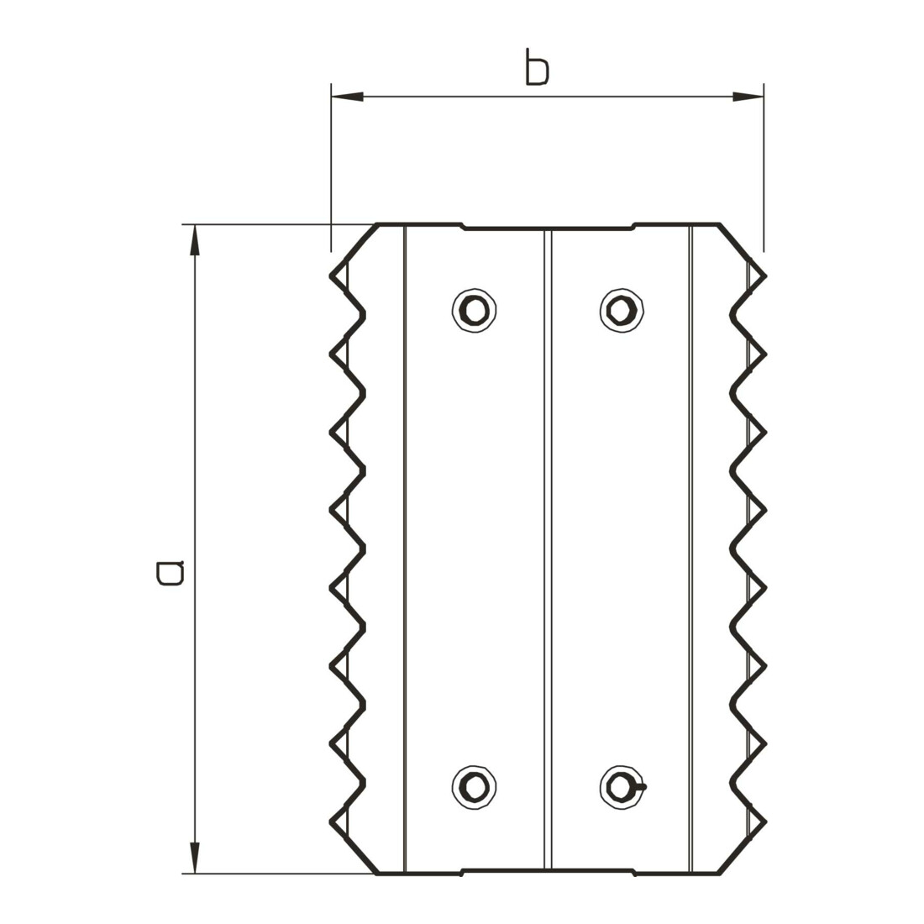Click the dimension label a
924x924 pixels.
click(x=171, y=574)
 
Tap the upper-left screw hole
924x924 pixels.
click(x=474, y=310)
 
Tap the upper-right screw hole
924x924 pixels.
click(x=622, y=310)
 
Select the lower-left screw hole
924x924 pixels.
click(x=474, y=787)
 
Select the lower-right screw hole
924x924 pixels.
click(x=622, y=787)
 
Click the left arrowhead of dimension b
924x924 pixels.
click(x=347, y=97)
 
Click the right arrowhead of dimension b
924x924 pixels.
click(x=748, y=97)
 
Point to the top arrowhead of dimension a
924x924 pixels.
click(x=195, y=240)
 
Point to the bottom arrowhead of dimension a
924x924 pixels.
click(x=195, y=858)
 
